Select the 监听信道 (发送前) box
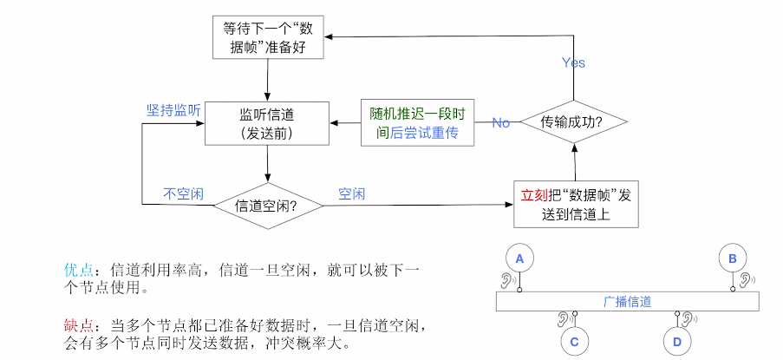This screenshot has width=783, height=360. (x=267, y=122)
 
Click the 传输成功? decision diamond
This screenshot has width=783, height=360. (x=572, y=122)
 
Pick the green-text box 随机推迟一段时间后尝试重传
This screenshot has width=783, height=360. (x=417, y=122)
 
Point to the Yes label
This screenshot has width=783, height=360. (x=573, y=62)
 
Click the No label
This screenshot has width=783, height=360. (x=501, y=122)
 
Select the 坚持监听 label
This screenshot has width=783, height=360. (x=173, y=110)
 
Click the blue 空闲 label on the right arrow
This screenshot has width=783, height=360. (x=351, y=193)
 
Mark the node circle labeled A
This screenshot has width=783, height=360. (x=520, y=258)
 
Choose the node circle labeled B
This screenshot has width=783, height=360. (x=733, y=258)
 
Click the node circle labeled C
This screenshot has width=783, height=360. (x=574, y=342)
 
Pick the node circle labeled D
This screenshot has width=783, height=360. (x=677, y=342)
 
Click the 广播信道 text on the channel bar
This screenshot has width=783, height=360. (x=627, y=302)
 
